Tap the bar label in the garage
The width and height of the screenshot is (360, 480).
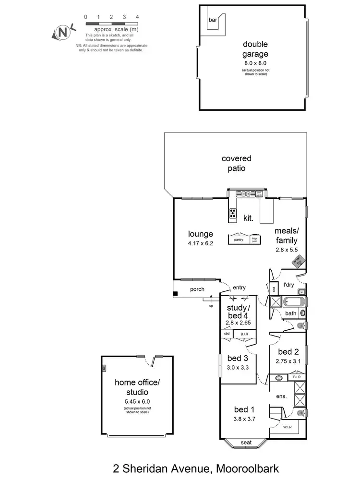212,21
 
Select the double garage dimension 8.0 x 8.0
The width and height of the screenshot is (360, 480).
255,63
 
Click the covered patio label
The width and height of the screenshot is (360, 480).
236,163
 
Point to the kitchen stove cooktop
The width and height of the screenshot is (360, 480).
233,214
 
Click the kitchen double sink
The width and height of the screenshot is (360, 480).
245,193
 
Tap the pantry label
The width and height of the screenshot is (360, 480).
239,240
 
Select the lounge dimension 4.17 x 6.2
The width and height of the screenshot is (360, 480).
200,243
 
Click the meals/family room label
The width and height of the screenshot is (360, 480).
286,236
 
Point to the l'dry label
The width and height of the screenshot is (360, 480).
288,285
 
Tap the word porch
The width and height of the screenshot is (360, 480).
197,289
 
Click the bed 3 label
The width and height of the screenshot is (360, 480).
237,358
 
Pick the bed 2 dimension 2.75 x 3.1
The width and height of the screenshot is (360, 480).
288,361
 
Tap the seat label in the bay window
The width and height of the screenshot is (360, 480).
246,442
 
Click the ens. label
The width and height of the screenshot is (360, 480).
281,396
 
